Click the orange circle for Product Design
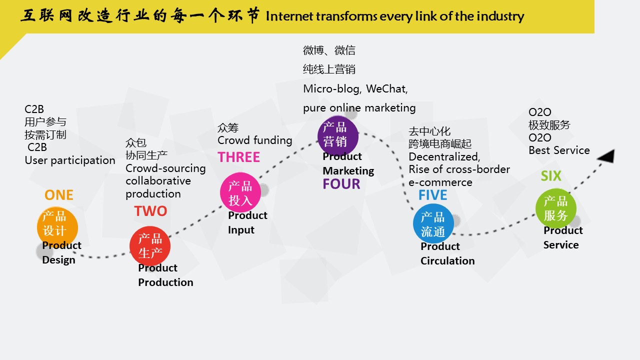click(57, 227)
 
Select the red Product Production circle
click(150, 246)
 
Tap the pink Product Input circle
click(240, 193)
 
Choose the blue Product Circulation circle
click(433, 223)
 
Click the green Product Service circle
click(556, 208)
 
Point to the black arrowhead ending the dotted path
click(606, 156)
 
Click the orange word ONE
click(59, 195)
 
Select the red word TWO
click(150, 211)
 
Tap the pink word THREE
click(239, 157)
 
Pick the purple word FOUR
click(341, 184)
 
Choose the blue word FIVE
click(433, 195)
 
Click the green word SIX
click(551, 176)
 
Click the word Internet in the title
click(289, 16)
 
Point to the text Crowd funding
click(255, 140)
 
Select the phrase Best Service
click(559, 150)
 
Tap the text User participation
click(70, 160)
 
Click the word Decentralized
click(444, 157)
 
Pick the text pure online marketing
click(359, 108)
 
